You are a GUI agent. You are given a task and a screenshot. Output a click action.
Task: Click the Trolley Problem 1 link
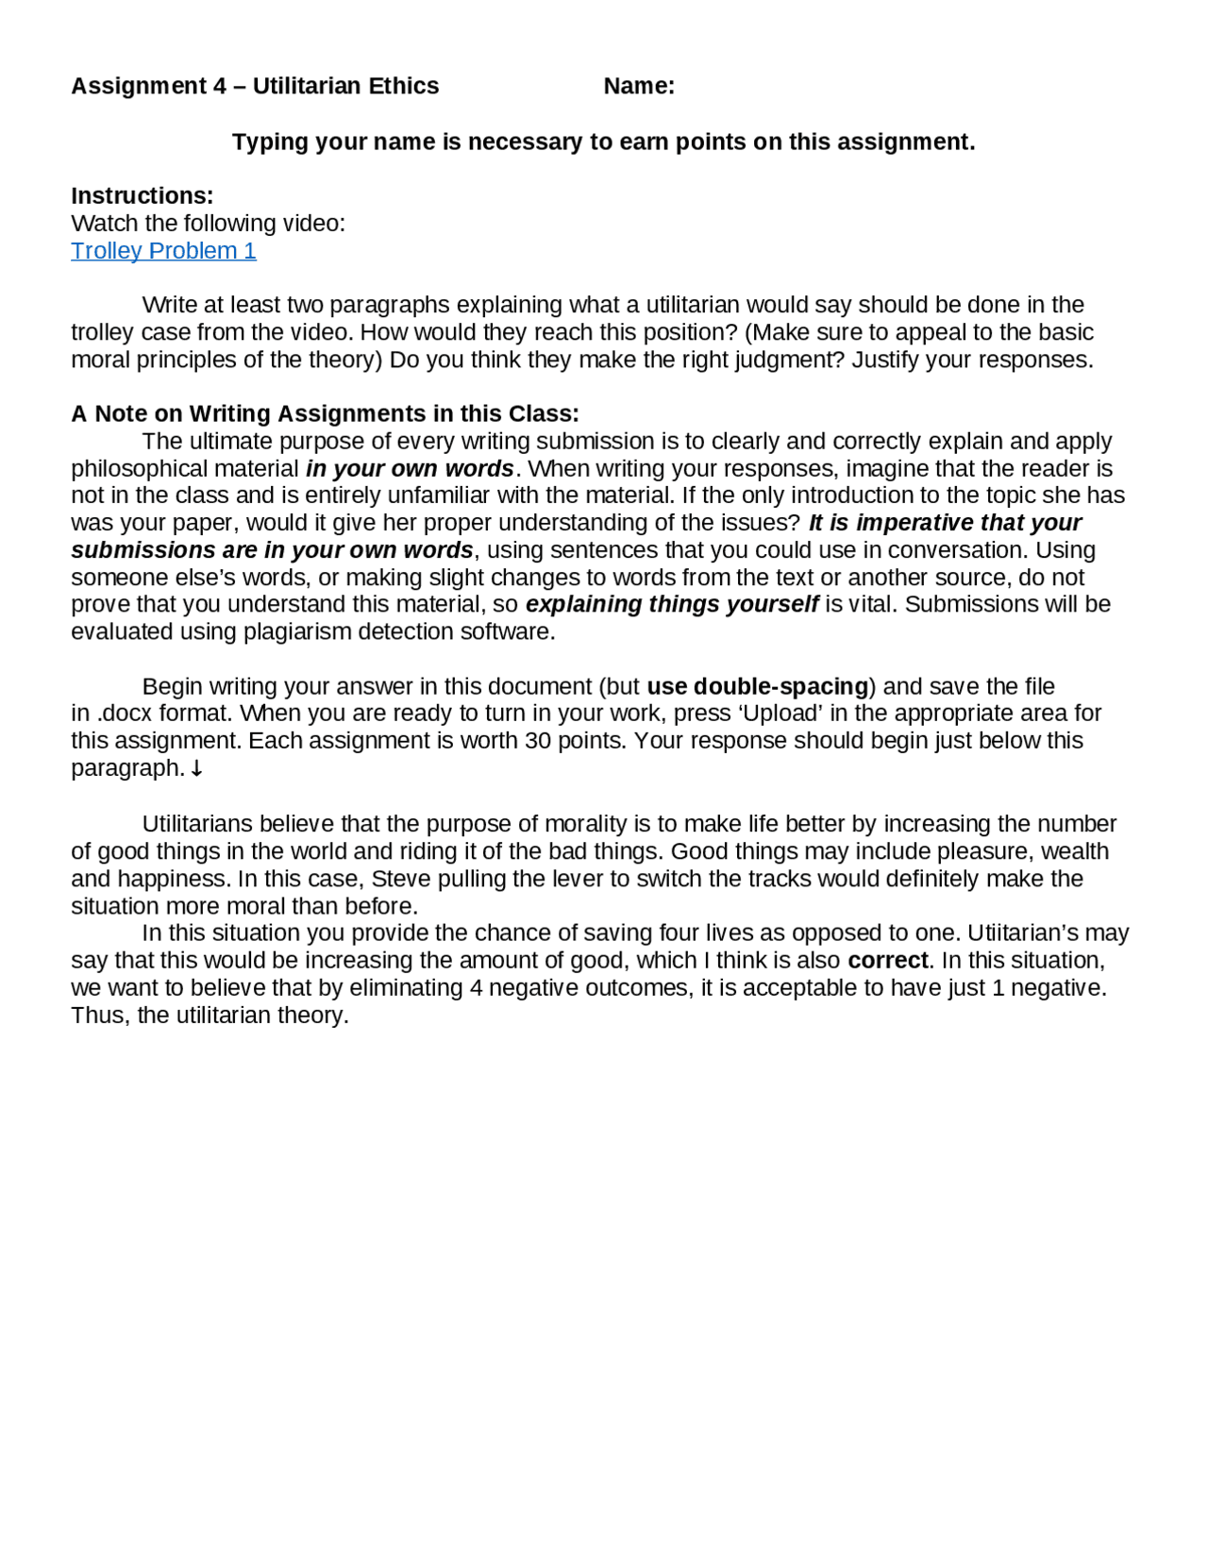[x=163, y=250]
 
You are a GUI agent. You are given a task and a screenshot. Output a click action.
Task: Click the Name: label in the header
[x=639, y=86]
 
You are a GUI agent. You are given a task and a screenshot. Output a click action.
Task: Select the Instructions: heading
[x=143, y=195]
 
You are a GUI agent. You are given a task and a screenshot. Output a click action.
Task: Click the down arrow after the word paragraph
[x=196, y=769]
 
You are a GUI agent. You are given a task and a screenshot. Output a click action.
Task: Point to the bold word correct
[x=888, y=961]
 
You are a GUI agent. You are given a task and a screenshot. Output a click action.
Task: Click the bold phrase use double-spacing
[x=757, y=686]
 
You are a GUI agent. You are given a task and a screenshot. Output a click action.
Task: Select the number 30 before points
[x=538, y=741]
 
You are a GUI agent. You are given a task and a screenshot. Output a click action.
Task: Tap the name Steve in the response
[x=400, y=879]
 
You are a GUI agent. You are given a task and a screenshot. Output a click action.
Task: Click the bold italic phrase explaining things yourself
[x=672, y=604]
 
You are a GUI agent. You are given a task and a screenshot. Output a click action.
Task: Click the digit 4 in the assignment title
[x=220, y=86]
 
